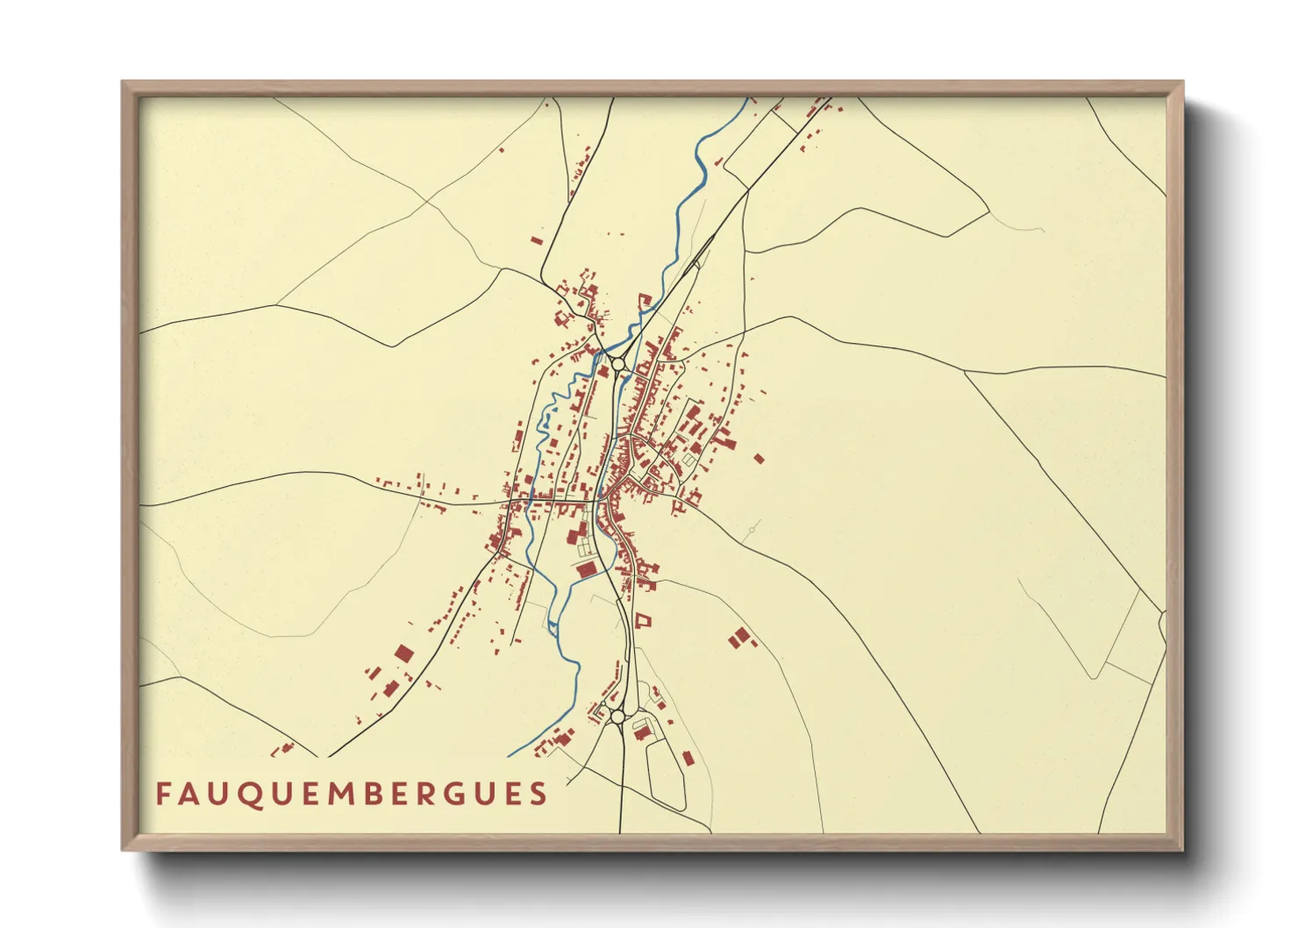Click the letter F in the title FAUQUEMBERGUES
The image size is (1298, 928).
[163, 794]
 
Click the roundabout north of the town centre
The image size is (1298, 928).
[618, 363]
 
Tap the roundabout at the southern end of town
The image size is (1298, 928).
[617, 717]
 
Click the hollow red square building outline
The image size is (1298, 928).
[645, 621]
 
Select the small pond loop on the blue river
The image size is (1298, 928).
[553, 625]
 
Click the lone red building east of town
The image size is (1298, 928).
[759, 458]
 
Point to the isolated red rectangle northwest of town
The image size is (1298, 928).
[537, 239]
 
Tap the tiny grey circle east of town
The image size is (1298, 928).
[752, 529]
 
